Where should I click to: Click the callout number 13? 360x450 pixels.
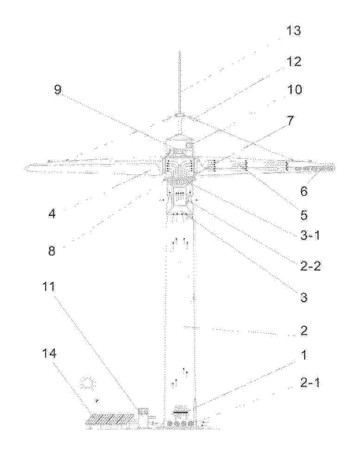pyautogui.click(x=293, y=31)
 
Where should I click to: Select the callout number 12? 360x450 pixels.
pyautogui.click(x=293, y=62)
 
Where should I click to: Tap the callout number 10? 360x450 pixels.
pyautogui.click(x=294, y=89)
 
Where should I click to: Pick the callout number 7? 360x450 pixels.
pyautogui.click(x=291, y=121)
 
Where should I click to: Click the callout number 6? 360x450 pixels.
pyautogui.click(x=303, y=191)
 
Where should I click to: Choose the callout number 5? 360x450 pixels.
pyautogui.click(x=304, y=215)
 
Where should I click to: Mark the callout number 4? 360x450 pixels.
pyautogui.click(x=52, y=213)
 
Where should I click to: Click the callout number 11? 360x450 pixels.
pyautogui.click(x=49, y=286)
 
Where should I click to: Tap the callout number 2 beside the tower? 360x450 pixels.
pyautogui.click(x=304, y=330)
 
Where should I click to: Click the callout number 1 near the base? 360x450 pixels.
pyautogui.click(x=304, y=355)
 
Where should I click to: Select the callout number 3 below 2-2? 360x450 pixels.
pyautogui.click(x=304, y=297)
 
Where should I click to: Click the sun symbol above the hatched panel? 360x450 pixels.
pyautogui.click(x=88, y=384)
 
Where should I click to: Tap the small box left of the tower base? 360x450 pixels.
pyautogui.click(x=143, y=412)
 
